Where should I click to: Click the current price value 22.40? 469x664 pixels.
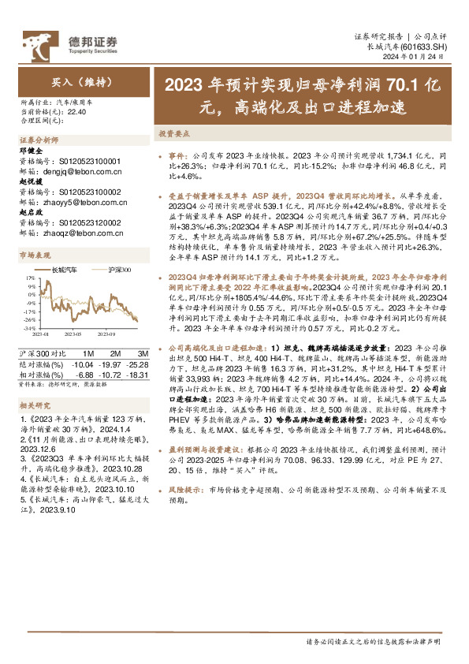click(77, 112)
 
